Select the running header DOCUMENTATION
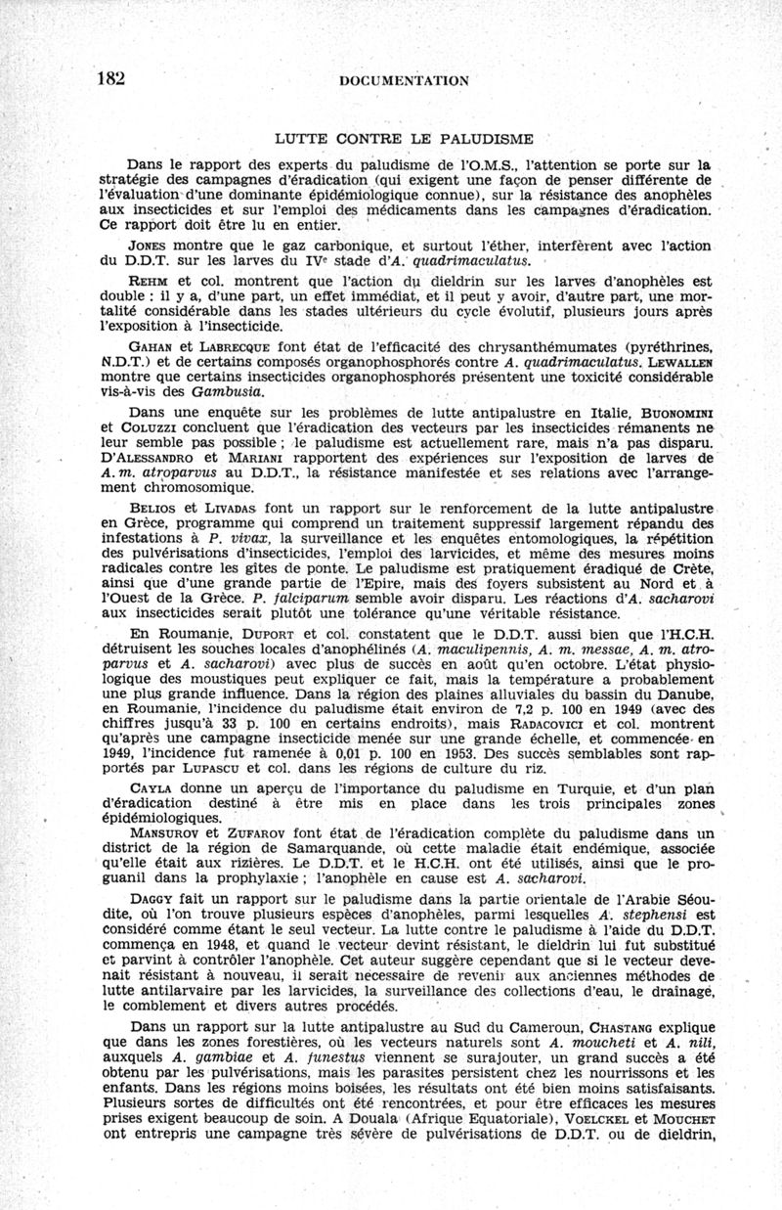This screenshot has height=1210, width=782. click(404, 81)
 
